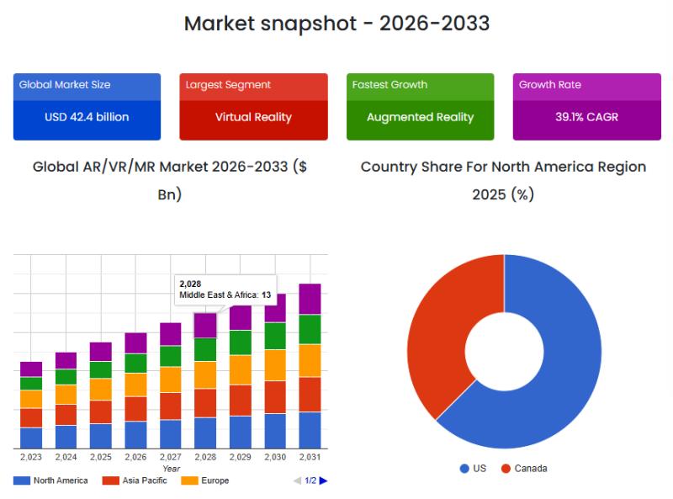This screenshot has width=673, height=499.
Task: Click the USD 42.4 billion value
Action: [87, 117]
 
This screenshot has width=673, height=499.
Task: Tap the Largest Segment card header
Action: [253, 85]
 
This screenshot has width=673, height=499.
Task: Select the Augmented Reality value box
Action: [420, 117]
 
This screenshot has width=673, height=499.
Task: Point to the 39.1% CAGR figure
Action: [586, 117]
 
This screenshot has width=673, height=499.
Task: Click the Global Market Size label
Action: [65, 85]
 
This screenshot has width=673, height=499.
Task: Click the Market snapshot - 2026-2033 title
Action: [336, 24]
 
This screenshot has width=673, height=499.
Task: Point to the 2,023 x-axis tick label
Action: [31, 457]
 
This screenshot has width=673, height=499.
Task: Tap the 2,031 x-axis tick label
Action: [310, 457]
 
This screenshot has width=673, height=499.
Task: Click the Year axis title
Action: [171, 469]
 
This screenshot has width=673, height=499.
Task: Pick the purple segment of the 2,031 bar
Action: [310, 299]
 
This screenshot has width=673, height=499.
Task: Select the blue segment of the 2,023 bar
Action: [31, 438]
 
